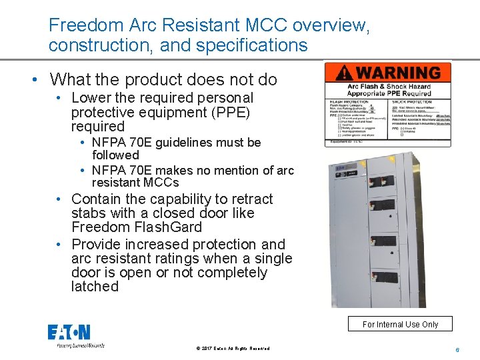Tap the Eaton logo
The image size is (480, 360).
[69, 332]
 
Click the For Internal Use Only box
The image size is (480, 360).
[400, 324]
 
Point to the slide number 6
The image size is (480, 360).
[458, 349]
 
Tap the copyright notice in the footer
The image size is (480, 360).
[233, 348]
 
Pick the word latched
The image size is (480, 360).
[95, 287]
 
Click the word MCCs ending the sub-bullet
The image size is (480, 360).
[163, 182]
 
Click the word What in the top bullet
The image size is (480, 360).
[69, 79]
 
